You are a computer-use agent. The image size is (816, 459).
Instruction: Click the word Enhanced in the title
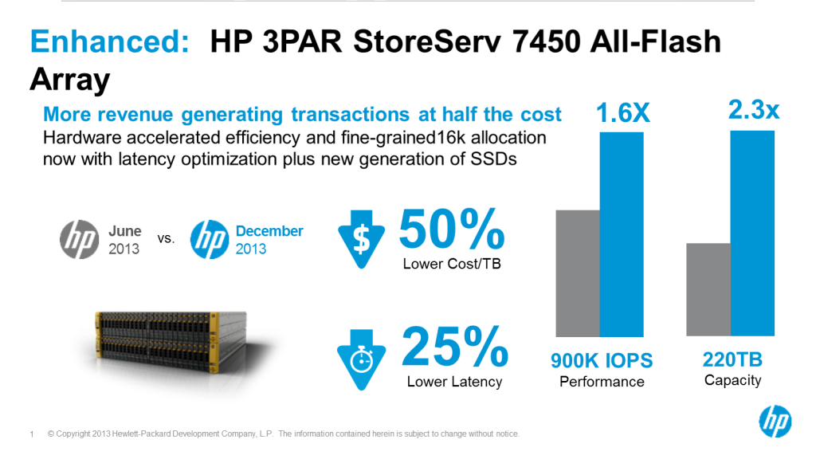click(x=110, y=41)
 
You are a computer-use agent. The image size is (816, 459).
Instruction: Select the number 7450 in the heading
click(x=546, y=41)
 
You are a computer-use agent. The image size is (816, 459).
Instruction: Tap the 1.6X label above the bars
click(x=623, y=113)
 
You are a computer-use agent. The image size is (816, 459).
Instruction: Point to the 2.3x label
click(x=754, y=110)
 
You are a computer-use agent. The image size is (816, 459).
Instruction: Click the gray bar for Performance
click(x=578, y=273)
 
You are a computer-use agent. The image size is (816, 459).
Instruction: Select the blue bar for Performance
click(x=622, y=234)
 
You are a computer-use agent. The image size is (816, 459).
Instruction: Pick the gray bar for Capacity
click(x=708, y=289)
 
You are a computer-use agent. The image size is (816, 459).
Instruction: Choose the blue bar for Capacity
click(x=752, y=233)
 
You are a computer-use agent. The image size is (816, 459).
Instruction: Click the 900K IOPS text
click(x=602, y=361)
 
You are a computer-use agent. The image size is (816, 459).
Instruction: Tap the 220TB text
click(x=733, y=359)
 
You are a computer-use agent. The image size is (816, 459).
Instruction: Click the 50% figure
click(x=452, y=229)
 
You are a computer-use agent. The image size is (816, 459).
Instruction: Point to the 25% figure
click(x=455, y=347)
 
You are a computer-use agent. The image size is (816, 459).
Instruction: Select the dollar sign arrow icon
click(x=361, y=239)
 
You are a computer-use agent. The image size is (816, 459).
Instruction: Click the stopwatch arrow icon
click(x=361, y=359)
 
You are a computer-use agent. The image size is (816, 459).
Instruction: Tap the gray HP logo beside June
click(x=79, y=239)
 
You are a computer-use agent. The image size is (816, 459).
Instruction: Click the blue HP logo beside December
click(x=210, y=239)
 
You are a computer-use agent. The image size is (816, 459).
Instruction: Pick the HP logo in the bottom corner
click(x=775, y=421)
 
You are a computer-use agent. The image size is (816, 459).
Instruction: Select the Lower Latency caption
click(x=454, y=382)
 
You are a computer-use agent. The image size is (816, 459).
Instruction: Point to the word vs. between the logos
click(x=166, y=239)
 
